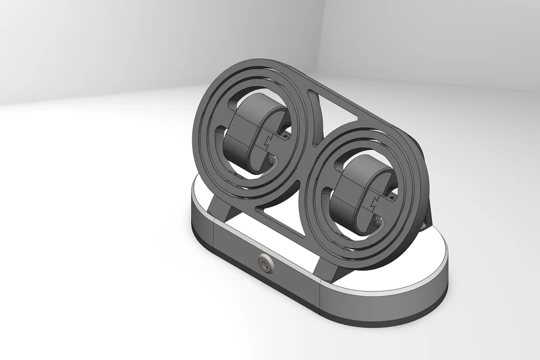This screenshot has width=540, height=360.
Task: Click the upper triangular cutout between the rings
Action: click(x=340, y=110)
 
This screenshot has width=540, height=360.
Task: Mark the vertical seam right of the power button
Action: click(x=320, y=288)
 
